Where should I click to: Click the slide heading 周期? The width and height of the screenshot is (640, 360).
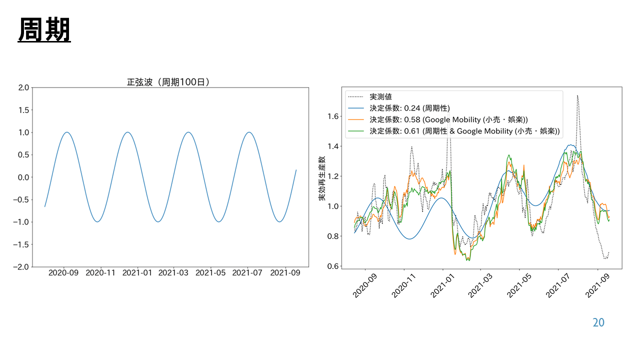44,30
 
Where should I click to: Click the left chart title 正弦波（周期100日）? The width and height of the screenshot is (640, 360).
168,82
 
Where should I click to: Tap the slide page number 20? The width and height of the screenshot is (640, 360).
598,323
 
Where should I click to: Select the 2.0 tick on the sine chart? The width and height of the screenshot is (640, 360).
22,87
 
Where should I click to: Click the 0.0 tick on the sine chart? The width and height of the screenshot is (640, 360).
22,177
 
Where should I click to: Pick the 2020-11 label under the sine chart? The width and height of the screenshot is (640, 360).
101,272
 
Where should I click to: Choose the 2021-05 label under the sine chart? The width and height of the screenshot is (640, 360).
211,272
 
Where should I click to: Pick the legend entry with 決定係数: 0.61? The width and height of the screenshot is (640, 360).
464,131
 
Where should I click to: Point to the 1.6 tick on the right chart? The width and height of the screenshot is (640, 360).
332,116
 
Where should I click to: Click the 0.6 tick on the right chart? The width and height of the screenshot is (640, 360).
332,266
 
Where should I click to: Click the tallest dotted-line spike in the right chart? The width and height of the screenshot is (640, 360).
577,95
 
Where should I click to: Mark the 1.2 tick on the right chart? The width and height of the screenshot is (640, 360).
332,176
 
